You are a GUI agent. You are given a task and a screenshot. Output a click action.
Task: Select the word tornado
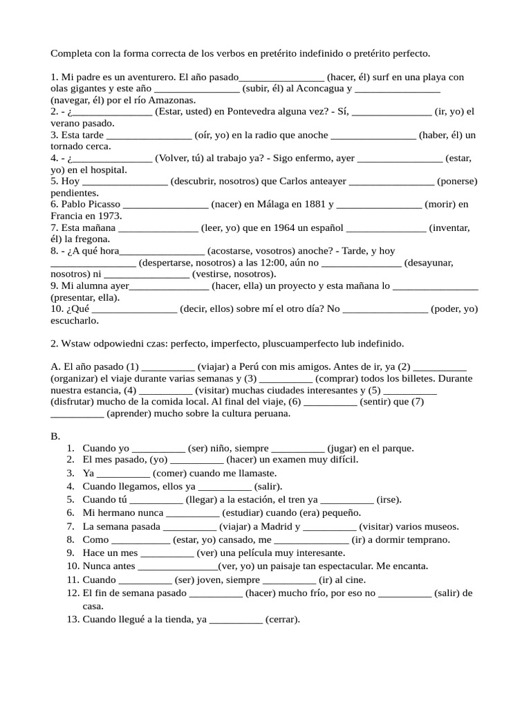pos(67,147)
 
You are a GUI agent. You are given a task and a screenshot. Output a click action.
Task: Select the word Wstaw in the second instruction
pos(77,344)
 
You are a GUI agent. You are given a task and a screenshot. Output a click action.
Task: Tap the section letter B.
pos(55,436)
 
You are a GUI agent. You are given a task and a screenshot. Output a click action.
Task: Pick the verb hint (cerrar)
pos(283,619)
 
